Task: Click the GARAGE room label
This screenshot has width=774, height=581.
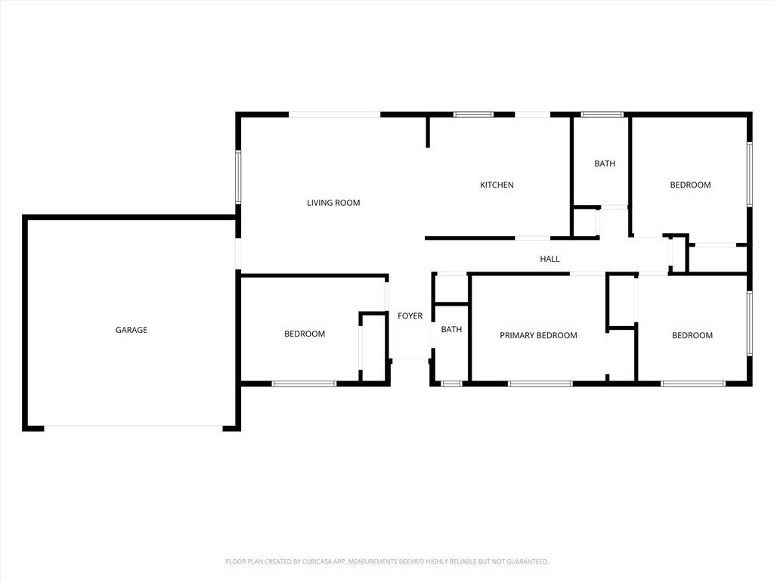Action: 132,330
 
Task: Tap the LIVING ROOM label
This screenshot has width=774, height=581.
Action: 333,203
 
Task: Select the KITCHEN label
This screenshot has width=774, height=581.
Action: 497,185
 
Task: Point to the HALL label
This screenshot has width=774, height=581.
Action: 550,259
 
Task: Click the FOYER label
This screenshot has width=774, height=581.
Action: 410,315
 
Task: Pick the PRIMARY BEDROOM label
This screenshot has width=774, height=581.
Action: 538,335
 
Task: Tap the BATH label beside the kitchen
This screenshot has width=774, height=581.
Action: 605,163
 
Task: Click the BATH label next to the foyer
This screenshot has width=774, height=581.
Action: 451,330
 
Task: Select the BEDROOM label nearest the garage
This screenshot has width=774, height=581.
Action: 305,334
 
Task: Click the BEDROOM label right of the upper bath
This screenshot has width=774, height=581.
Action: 690,185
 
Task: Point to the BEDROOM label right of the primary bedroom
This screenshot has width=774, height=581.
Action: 692,335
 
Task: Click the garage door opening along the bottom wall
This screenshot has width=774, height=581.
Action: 133,427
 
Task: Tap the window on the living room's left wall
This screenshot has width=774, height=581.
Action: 238,177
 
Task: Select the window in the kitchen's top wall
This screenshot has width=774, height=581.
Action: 473,115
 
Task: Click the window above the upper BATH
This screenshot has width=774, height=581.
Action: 602,115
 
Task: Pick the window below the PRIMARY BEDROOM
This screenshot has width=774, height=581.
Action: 540,384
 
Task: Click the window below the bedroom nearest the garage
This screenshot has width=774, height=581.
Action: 304,384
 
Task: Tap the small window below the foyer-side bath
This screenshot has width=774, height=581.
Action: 452,384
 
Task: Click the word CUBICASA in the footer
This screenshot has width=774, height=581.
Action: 321,562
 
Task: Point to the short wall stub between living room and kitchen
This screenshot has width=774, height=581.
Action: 428,132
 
